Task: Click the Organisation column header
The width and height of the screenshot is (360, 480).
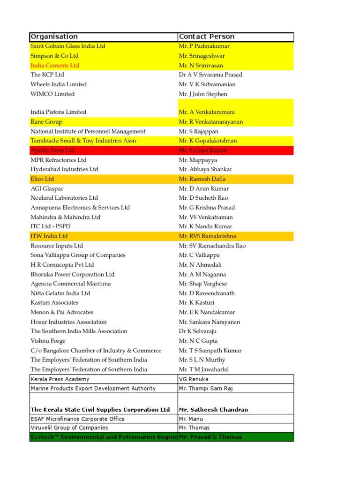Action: [x=54, y=37]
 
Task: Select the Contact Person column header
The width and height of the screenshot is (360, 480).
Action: [x=207, y=37]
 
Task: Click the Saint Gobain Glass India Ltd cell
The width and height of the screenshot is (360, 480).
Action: [x=68, y=46]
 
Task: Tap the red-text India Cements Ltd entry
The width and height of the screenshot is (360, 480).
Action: [x=55, y=65]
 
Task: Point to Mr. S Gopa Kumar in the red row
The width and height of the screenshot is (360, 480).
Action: [x=203, y=150]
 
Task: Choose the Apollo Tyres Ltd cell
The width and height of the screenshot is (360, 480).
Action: [x=52, y=150]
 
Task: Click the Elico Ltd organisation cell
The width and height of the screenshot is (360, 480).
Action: [x=42, y=179]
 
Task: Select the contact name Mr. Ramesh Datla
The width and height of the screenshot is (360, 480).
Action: [x=202, y=179]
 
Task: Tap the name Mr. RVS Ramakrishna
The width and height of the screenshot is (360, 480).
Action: [x=208, y=236]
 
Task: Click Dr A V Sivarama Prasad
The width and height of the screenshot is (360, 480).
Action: [x=210, y=75]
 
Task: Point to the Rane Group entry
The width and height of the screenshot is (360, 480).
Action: [x=46, y=122]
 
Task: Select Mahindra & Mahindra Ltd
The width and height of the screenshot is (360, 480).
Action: [x=66, y=217]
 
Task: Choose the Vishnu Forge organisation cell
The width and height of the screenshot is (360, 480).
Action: [x=48, y=341]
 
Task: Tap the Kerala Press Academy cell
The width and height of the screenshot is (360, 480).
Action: [x=60, y=379]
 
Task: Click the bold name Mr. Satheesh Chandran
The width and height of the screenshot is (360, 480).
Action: [x=213, y=410]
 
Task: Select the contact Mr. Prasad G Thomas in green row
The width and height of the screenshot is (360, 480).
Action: [x=210, y=437]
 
